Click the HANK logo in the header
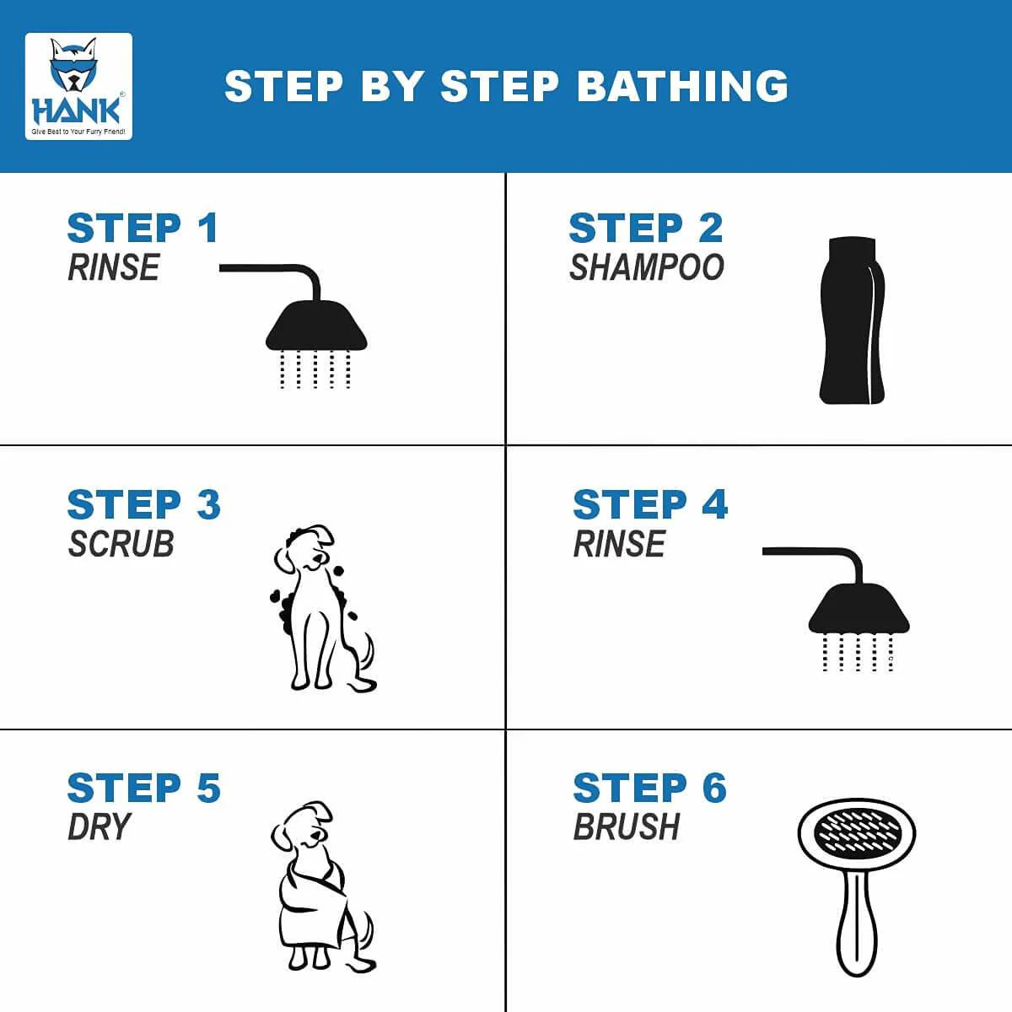[x=78, y=87]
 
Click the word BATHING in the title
[x=683, y=86]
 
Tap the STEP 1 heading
[x=143, y=228]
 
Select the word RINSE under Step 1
[x=114, y=267]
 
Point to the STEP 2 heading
[x=646, y=228]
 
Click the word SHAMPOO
[x=647, y=267]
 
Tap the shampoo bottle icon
[x=852, y=320]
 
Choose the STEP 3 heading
[x=144, y=504]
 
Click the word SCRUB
[x=121, y=544]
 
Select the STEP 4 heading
[x=650, y=504]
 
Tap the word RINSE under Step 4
[x=619, y=544]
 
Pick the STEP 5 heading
[x=144, y=789]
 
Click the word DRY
[x=99, y=827]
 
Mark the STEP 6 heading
[x=650, y=789]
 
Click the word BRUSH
[x=627, y=827]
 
